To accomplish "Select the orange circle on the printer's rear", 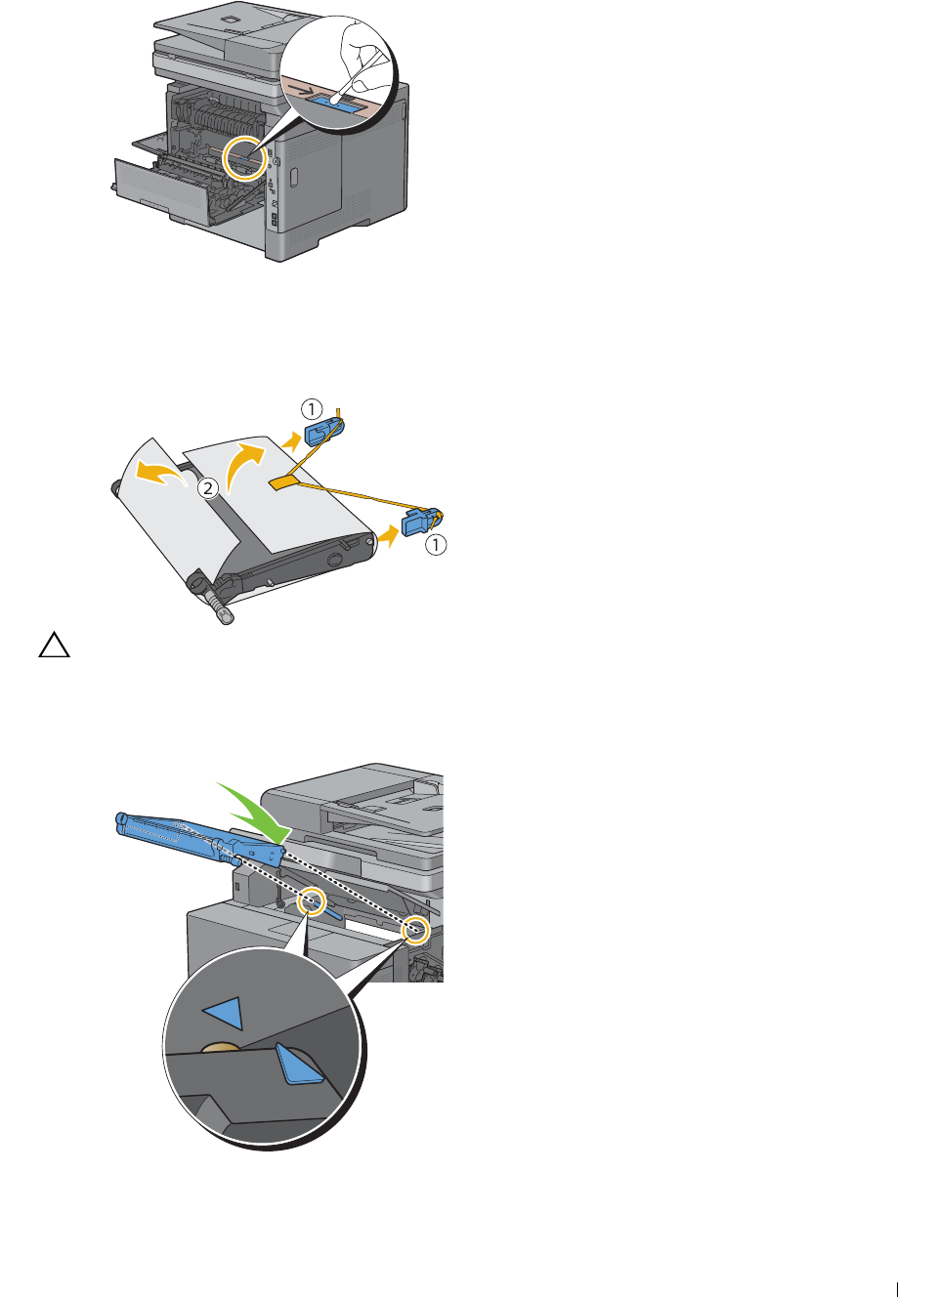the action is tap(245, 158).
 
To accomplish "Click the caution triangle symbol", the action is tap(54, 645).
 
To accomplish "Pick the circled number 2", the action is tap(208, 487).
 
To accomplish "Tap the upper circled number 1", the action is tap(312, 409).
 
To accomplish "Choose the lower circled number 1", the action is tap(436, 545).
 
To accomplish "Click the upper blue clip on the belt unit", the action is tap(323, 432).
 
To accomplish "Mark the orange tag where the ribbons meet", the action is tap(284, 481).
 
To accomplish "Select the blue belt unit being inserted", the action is tap(200, 839).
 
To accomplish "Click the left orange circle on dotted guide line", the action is tap(313, 900).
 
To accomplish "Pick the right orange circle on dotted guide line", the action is tap(416, 930).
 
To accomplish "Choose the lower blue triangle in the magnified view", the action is tap(297, 1063).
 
